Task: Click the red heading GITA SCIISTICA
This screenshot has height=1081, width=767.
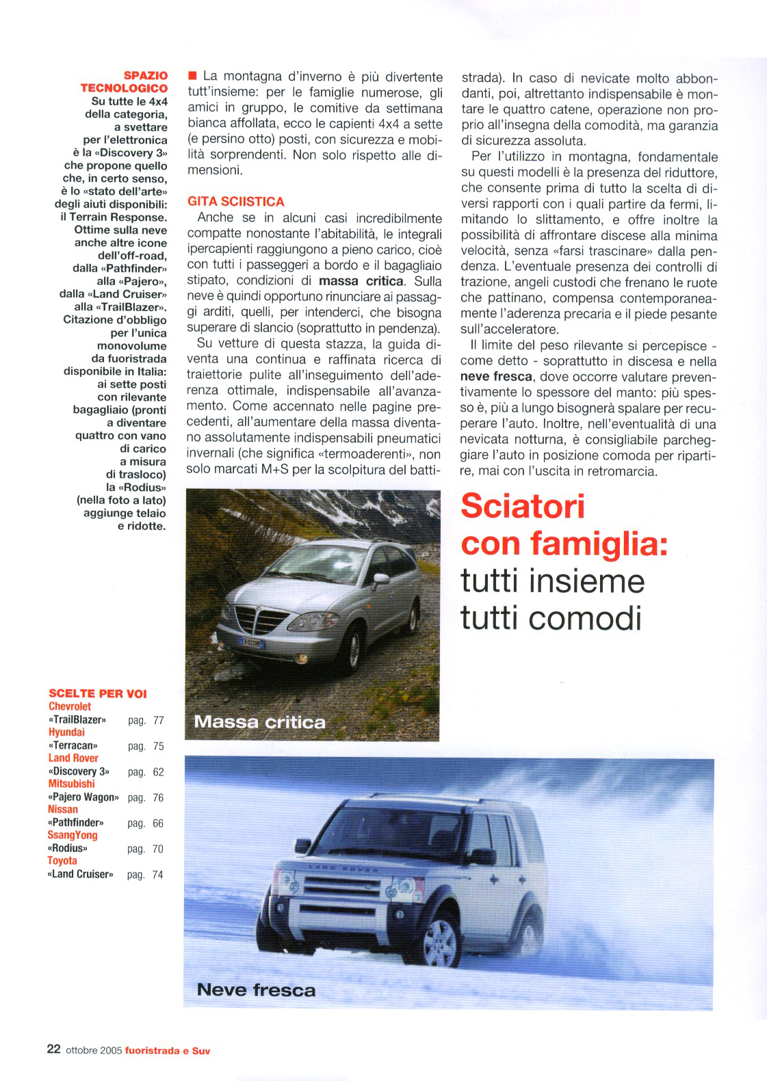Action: click(x=235, y=202)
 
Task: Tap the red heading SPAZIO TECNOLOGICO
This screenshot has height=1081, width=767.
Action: click(x=125, y=81)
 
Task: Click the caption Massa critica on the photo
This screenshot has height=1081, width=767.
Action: click(x=259, y=722)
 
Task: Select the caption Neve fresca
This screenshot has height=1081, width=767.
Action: click(x=256, y=989)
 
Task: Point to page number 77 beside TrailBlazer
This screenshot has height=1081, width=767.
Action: click(x=158, y=720)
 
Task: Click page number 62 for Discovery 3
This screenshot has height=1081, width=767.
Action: click(x=158, y=772)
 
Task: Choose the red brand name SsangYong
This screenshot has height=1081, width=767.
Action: click(x=73, y=835)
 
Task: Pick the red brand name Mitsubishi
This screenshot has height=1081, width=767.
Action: click(x=71, y=784)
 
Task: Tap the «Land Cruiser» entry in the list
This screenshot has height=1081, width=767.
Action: click(x=80, y=874)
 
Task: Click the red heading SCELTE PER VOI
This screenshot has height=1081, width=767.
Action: click(x=98, y=693)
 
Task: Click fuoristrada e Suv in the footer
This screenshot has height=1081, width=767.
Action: click(x=168, y=1050)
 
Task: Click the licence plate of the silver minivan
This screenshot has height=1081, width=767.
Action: click(x=251, y=643)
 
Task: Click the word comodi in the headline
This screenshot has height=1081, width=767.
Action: click(x=586, y=618)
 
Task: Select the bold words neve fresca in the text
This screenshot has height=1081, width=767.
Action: click(x=496, y=376)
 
